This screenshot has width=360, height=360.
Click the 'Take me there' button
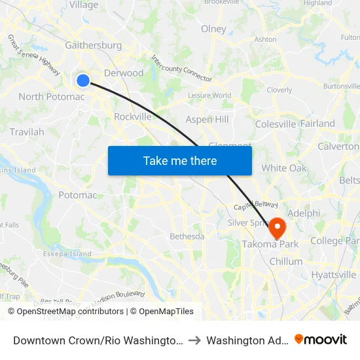[x=179, y=160]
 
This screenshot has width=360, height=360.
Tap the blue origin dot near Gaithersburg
[x=83, y=80]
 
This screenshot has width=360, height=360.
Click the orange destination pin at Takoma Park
[x=277, y=228]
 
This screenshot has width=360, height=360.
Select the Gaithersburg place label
[x=94, y=45]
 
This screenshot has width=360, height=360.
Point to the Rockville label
[x=133, y=117]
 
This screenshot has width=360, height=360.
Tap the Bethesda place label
[x=187, y=236]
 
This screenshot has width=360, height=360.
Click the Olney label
[x=213, y=29]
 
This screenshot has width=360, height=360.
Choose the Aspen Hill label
[x=207, y=119]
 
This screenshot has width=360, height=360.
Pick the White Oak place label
[x=284, y=168]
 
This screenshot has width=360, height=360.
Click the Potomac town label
[x=78, y=195]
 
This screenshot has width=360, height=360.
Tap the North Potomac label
[x=52, y=97]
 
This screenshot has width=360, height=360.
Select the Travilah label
[x=27, y=132]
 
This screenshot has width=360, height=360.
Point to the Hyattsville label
[x=334, y=275]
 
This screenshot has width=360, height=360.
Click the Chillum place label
[x=285, y=261]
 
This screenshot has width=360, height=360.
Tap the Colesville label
[x=275, y=124]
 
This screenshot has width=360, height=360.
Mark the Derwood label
[x=124, y=73]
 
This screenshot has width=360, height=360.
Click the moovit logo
[x=321, y=340]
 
